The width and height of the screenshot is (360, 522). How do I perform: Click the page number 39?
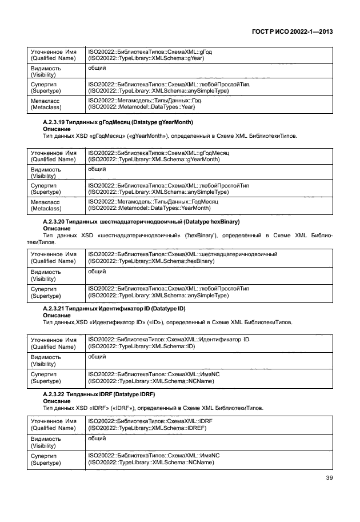pyautogui.click(x=329, y=494)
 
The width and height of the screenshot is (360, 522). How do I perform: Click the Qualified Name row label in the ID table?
pyautogui.click(x=53, y=344)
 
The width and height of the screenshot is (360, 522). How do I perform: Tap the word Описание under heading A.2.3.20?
pyautogui.click(x=57, y=227)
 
